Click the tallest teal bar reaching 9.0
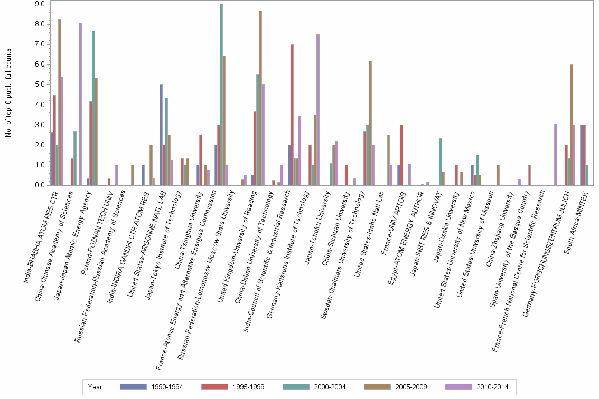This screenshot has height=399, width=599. click(221, 94)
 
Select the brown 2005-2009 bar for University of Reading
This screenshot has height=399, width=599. click(260, 98)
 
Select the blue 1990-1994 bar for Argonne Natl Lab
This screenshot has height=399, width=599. click(161, 135)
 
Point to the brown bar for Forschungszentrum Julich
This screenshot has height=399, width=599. click(572, 125)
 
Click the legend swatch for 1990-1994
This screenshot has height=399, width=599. click(133, 387)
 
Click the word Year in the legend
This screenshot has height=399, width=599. click(95, 387)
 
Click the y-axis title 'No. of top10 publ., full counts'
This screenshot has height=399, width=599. click(8, 92)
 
